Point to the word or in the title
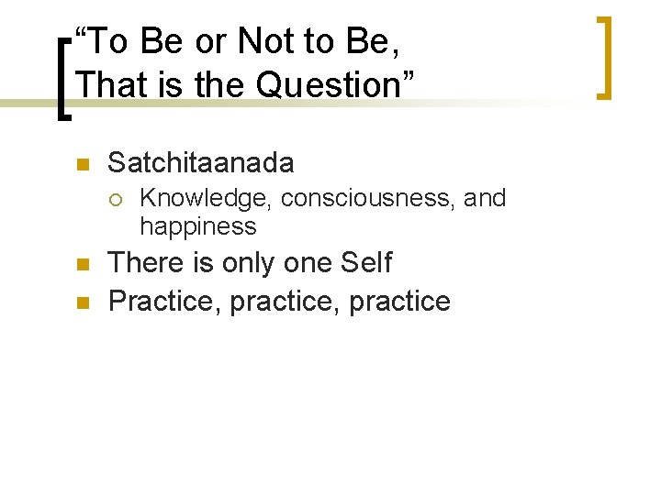210,41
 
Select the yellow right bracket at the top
603,57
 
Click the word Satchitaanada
201,163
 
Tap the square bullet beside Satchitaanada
80,165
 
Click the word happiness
198,225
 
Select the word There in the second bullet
140,263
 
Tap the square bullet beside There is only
80,265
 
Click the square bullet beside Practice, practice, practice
80,302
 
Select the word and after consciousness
485,198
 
